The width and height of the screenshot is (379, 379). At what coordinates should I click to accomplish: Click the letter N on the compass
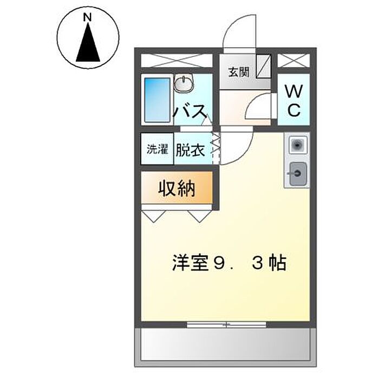coord(87,17)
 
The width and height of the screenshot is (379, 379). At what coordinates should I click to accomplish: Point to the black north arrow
coord(88,42)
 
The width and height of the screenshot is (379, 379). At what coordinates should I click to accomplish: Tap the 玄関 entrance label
coord(239,72)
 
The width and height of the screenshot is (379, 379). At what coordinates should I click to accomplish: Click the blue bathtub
coord(158,100)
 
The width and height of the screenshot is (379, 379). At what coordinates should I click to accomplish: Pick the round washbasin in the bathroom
coord(184,83)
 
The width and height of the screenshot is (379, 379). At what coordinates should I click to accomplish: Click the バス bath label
coord(191,112)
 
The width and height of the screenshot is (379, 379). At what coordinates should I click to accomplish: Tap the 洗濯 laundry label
coord(158,149)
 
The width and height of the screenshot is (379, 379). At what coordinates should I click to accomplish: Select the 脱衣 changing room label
coord(190,150)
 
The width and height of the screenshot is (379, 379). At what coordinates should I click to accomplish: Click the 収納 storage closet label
coord(177,188)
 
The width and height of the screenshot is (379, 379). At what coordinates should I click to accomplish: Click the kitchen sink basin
coord(298,174)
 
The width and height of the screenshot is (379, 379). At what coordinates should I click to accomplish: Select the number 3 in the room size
coord(257,263)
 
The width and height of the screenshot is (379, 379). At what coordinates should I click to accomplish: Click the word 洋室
coord(191,263)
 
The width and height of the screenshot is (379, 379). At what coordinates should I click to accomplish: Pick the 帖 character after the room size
coord(278,263)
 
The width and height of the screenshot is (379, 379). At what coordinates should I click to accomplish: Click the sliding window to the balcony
coord(226,325)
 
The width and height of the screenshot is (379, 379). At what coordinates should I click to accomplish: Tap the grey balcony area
coord(225,348)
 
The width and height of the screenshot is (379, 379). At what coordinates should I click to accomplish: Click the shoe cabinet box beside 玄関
coord(264,67)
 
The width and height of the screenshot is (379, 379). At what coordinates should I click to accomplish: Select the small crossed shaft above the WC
coord(293,61)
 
